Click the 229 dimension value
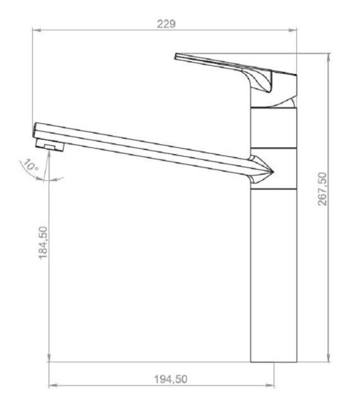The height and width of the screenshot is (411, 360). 166,24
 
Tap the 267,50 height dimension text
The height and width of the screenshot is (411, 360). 322,189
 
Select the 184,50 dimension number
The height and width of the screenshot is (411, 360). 43,242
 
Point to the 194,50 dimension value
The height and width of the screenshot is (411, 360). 170,379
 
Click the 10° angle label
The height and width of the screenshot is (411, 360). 30,166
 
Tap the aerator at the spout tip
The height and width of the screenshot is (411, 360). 49,145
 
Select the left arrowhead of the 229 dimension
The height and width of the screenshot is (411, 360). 37,30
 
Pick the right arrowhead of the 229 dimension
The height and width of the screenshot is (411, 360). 292,30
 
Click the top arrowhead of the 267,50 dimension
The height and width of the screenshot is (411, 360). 329,58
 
